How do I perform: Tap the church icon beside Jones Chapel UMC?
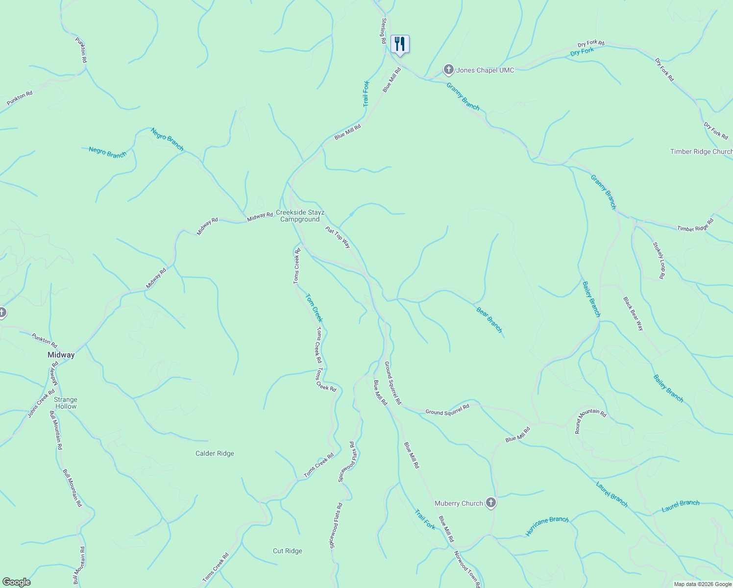448,70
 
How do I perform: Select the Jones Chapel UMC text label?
485,71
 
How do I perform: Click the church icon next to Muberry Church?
491,503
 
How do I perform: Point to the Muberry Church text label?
459,503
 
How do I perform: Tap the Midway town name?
61,355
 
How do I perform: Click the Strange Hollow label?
66,403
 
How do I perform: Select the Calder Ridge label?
215,453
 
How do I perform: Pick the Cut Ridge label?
288,551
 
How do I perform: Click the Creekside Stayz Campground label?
300,216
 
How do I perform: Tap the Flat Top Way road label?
339,237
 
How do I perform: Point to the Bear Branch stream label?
489,319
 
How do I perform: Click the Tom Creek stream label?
314,307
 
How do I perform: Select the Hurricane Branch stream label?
547,526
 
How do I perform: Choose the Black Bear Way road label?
633,314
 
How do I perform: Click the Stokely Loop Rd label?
659,260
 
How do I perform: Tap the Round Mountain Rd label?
590,421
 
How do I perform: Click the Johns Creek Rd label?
41,403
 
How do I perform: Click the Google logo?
17,582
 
